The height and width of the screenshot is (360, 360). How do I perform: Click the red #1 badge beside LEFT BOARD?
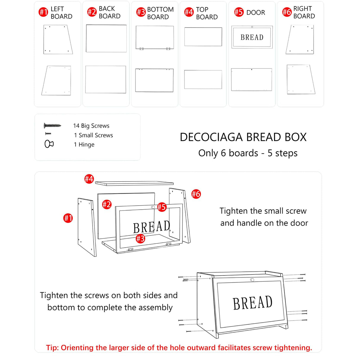click(43, 12)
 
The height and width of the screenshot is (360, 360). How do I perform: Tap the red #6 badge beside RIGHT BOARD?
click(287, 12)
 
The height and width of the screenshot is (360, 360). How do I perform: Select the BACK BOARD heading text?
click(109, 12)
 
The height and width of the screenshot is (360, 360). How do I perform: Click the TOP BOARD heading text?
click(207, 13)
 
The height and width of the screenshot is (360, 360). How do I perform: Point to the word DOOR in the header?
click(256, 13)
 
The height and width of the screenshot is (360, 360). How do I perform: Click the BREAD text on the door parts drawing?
click(252, 37)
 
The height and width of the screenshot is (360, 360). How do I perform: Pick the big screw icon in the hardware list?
click(52, 126)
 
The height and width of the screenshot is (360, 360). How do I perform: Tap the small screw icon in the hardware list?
click(48, 134)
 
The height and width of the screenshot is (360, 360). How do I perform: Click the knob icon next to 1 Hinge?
click(49, 144)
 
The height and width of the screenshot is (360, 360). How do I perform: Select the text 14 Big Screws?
click(91, 126)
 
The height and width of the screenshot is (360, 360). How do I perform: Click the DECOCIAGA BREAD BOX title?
click(243, 137)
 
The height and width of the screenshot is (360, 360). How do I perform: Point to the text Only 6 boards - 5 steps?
click(248, 153)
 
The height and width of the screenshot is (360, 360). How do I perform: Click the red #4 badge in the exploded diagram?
click(89, 179)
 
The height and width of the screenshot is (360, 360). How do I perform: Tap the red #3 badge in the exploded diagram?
click(140, 238)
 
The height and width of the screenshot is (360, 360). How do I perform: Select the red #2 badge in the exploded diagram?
click(106, 204)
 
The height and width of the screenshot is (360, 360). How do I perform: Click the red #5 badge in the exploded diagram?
click(162, 207)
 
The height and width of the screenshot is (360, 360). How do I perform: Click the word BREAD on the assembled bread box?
click(253, 303)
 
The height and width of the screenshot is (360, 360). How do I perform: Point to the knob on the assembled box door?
click(252, 280)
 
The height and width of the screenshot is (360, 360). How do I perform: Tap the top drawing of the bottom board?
click(154, 38)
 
